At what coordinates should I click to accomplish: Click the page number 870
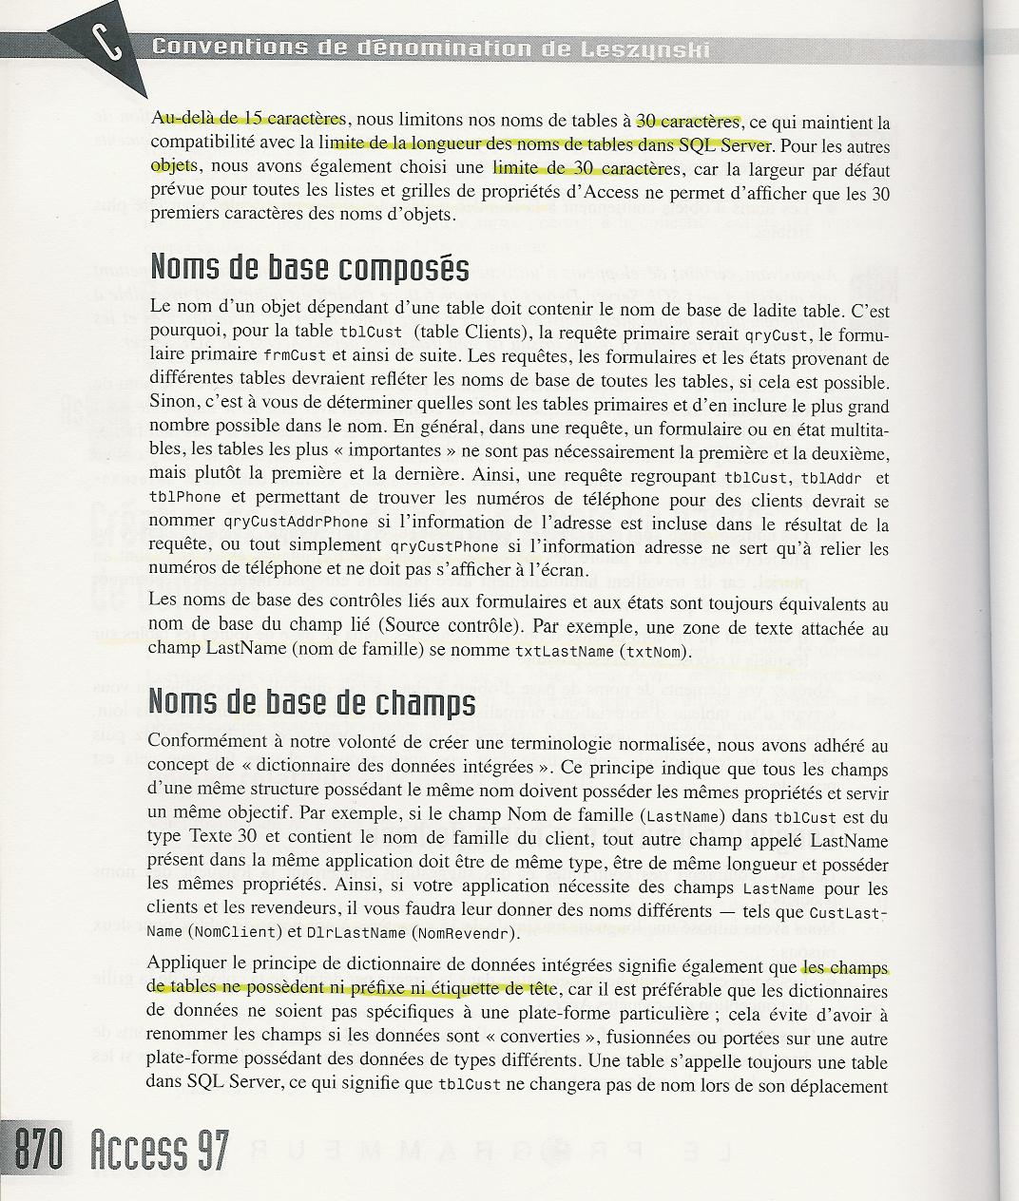pos(38,1151)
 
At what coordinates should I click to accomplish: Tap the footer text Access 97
pos(160,1151)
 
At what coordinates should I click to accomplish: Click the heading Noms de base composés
pos(309,269)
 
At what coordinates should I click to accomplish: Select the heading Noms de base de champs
pos(312,703)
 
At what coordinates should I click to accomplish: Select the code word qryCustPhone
pos(444,546)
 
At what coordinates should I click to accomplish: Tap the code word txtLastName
pos(565,653)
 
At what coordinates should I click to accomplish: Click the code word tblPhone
pos(184,499)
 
